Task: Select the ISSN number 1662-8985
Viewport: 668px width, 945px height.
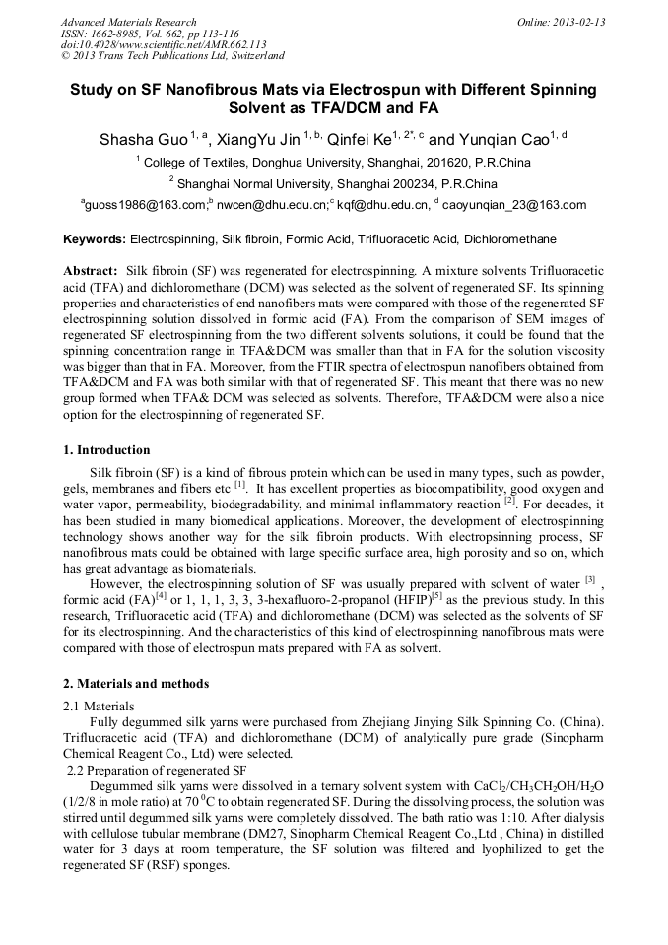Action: click(112, 34)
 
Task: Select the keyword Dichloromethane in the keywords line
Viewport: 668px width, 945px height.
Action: click(509, 239)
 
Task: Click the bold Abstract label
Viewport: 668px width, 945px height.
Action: click(91, 270)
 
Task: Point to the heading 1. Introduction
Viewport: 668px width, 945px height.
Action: click(107, 450)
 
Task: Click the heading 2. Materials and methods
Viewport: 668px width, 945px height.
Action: click(136, 683)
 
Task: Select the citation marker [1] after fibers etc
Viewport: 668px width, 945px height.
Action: click(239, 486)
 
